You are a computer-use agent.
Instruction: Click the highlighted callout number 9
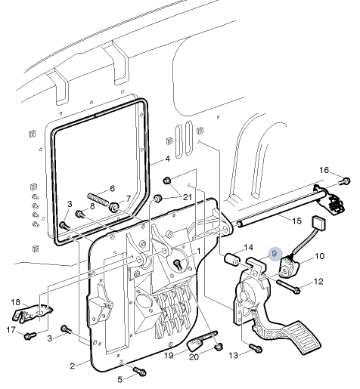(275, 254)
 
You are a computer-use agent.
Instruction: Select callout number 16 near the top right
(324, 169)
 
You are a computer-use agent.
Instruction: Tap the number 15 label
(296, 221)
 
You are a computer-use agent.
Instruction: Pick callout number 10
(319, 257)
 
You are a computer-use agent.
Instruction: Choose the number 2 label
(73, 366)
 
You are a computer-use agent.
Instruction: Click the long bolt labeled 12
(288, 287)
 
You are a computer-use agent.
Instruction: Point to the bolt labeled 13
(256, 349)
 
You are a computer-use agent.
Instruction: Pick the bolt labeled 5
(140, 371)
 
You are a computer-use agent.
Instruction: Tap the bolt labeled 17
(29, 335)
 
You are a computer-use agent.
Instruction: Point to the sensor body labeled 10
(290, 267)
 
